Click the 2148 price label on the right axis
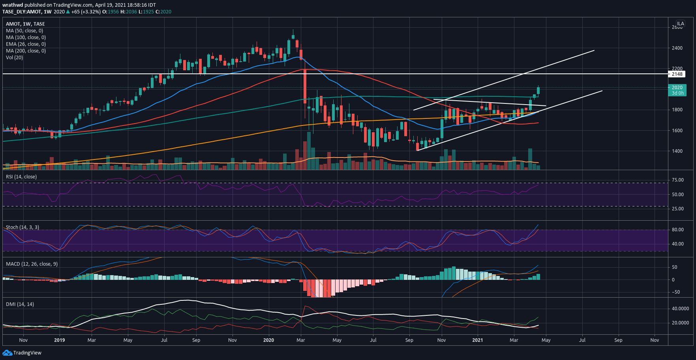point(677,74)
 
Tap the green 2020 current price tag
point(677,88)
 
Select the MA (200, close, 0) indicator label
point(26,51)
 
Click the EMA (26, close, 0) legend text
point(26,44)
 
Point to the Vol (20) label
point(15,58)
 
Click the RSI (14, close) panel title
point(21,177)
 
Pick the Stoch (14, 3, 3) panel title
point(23,227)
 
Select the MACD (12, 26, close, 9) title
point(32,264)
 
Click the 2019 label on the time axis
point(60,340)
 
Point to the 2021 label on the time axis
point(478,340)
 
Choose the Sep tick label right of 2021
point(618,340)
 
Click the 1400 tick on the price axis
point(677,151)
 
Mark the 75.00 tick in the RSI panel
point(678,180)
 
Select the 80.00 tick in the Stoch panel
point(678,230)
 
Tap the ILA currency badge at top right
point(681,24)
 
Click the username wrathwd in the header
point(13,5)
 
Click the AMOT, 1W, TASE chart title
point(25,24)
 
